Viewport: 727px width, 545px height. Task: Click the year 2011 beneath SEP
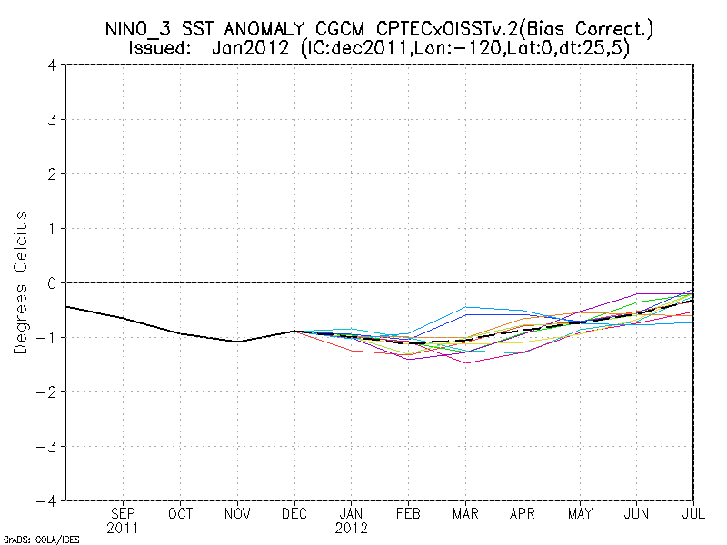(124, 528)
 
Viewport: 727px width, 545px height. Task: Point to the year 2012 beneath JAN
(352, 528)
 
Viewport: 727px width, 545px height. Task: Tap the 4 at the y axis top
(54, 65)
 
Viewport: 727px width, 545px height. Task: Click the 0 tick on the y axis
(54, 282)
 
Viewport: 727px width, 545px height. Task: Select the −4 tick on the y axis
(49, 500)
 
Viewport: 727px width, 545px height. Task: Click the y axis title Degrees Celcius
(21, 282)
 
